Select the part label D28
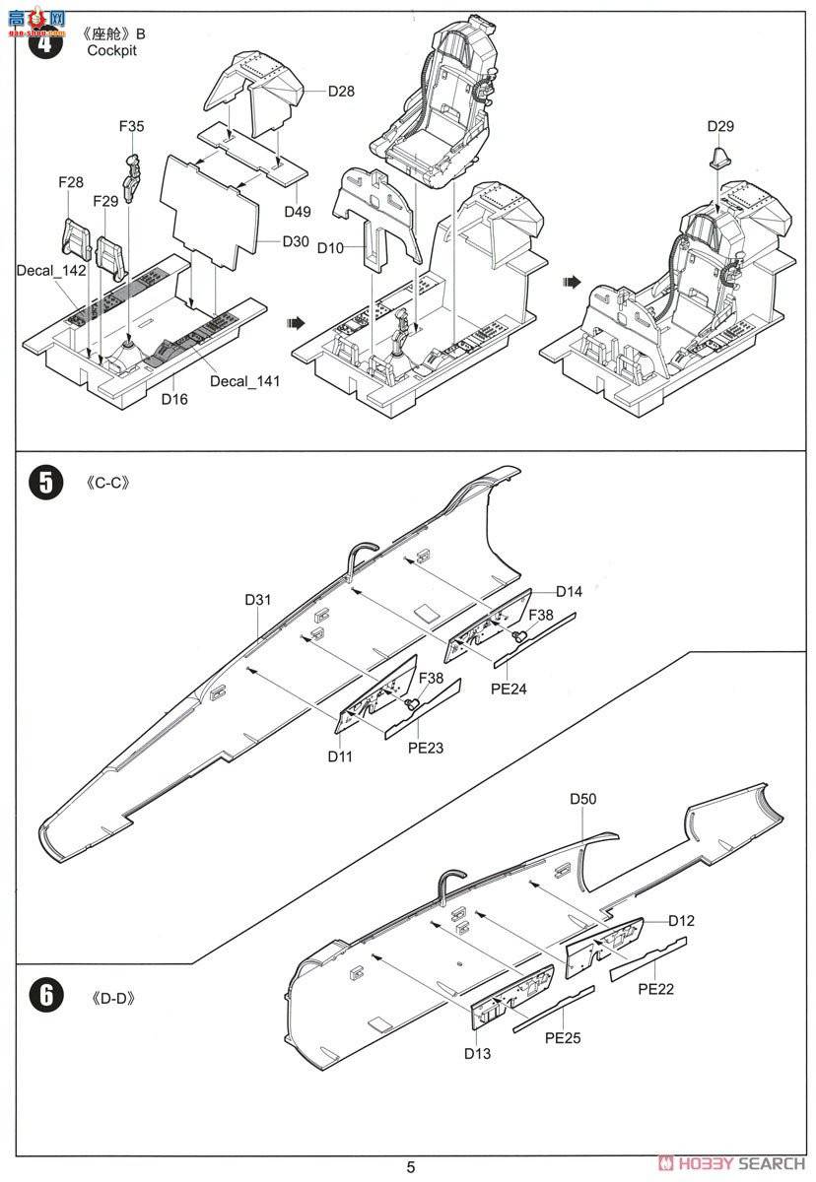click(340, 92)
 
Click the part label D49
click(297, 212)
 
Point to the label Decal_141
click(244, 381)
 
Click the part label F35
click(131, 126)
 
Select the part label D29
click(720, 126)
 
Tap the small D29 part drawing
click(720, 155)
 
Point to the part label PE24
click(508, 689)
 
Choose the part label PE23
click(424, 748)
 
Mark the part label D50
click(583, 799)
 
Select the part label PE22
click(655, 989)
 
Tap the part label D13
click(478, 1053)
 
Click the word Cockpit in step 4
click(111, 50)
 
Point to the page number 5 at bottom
click(410, 1168)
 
